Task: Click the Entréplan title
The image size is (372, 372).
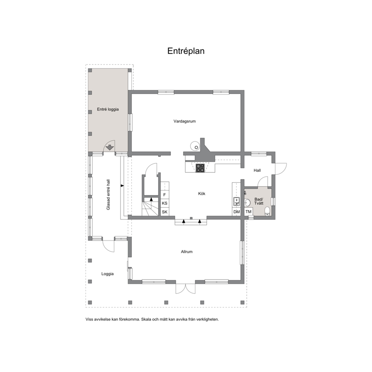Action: point(186,51)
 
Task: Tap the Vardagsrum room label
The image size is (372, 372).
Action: point(184,121)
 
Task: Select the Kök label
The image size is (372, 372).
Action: point(202,193)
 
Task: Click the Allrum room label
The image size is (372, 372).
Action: point(187,252)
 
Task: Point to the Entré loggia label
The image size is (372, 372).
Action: point(108,109)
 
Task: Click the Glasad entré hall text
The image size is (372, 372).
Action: point(108,195)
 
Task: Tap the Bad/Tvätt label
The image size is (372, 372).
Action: point(259,201)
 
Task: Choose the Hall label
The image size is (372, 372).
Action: point(257,170)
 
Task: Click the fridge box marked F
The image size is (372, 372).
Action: point(165,195)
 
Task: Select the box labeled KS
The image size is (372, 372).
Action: point(165,203)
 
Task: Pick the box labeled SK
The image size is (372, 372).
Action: point(165,212)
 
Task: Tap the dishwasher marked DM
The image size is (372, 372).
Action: point(237,212)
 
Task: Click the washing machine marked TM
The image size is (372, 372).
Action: point(248,211)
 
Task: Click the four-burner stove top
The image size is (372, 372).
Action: point(200,168)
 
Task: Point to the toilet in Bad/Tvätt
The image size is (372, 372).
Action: point(267,211)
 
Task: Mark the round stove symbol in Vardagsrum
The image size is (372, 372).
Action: point(195,146)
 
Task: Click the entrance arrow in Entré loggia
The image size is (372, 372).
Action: point(109,147)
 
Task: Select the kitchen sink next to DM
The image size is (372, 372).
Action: point(236,202)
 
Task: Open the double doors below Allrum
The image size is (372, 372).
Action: point(185,288)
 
